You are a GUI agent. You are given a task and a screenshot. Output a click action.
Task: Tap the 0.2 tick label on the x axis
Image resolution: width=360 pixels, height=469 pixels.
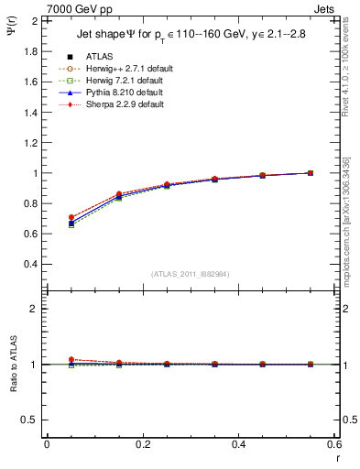pyautogui.click(x=142, y=444)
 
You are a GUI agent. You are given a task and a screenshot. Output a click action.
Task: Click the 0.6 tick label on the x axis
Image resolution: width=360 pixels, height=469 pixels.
pyautogui.click(x=333, y=444)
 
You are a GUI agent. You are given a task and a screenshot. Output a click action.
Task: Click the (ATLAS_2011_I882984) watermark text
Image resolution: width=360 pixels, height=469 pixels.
pyautogui.click(x=191, y=274)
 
